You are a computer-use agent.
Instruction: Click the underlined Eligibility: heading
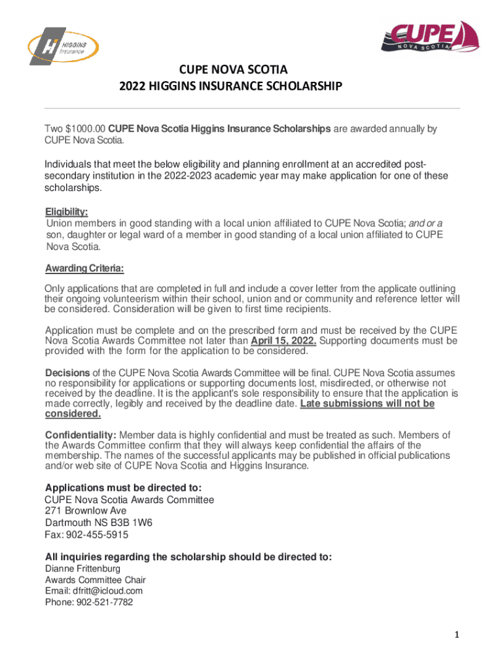[66, 212]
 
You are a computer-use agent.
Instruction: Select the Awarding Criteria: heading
[84, 269]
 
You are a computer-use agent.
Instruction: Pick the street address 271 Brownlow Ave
[86, 510]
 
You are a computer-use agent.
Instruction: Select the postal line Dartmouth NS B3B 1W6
[99, 523]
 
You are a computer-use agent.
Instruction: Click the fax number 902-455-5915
[99, 535]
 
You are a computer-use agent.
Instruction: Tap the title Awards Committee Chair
[95, 580]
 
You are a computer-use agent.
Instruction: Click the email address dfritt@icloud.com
[107, 591]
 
